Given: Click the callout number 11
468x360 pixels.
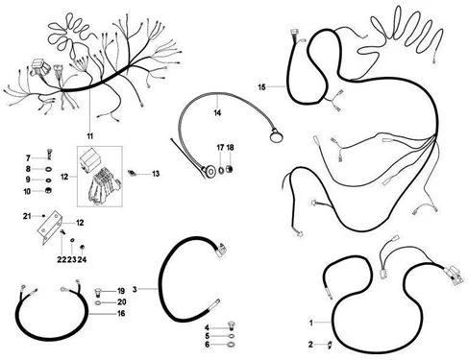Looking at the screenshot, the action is [90, 136].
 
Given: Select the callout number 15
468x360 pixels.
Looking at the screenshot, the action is [262, 87].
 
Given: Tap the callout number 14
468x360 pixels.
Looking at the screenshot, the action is [217, 113].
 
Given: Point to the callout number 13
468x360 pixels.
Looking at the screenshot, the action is [156, 174].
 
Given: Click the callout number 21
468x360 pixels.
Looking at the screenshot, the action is [27, 216].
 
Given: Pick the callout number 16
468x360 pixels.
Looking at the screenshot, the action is [121, 313].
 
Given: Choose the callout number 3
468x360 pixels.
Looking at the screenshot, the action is [135, 289].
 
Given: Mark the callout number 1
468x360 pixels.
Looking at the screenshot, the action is [310, 323].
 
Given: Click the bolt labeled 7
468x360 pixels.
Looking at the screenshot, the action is [49, 155].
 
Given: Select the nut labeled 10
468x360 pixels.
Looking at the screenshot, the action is [49, 191].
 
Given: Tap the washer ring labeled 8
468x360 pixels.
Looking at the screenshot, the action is [48, 169].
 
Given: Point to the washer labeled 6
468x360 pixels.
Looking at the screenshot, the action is [231, 345].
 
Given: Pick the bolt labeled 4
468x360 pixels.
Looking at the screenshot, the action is [231, 325].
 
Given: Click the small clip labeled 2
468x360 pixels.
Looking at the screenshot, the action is [331, 345].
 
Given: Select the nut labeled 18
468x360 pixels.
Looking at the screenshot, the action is [230, 169].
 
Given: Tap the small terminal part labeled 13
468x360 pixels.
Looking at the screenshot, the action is [132, 173].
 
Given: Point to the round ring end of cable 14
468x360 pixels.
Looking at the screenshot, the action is [276, 137].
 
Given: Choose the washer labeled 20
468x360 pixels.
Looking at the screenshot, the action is [99, 302].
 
